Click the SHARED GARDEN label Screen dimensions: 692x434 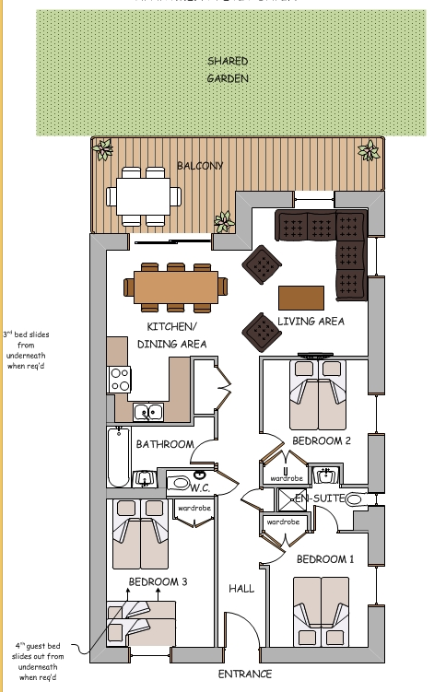pyautogui.click(x=227, y=70)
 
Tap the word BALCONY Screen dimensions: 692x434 pyautogui.click(x=199, y=167)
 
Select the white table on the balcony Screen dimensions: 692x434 pyautogui.click(x=142, y=195)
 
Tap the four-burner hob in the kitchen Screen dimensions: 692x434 pyautogui.click(x=121, y=379)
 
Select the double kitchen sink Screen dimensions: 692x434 pyautogui.click(x=147, y=412)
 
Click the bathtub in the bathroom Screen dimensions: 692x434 pyautogui.click(x=118, y=457)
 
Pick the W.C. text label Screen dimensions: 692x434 pyautogui.click(x=202, y=487)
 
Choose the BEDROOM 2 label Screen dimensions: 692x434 pyautogui.click(x=322, y=441)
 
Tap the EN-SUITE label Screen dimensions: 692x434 pyautogui.click(x=318, y=498)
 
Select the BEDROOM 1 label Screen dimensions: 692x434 pyautogui.click(x=324, y=559)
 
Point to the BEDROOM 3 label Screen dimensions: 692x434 pyautogui.click(x=158, y=581)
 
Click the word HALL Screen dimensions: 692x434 pyautogui.click(x=241, y=588)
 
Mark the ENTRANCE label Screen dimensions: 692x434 pyautogui.click(x=245, y=674)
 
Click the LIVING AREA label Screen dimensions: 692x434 pyautogui.click(x=311, y=322)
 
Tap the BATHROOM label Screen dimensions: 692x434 pyautogui.click(x=165, y=444)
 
